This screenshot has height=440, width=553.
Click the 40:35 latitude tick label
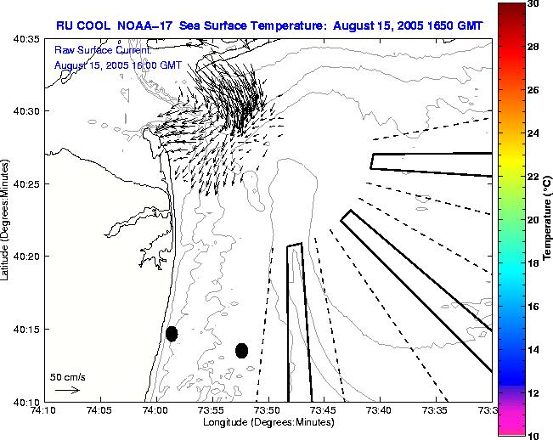21,39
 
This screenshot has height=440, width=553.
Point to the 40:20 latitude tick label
21,257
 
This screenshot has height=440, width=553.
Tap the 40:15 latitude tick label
21,330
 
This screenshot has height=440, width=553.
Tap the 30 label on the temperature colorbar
536,3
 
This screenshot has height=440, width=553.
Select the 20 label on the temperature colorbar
536,220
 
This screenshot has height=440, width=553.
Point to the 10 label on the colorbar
536,435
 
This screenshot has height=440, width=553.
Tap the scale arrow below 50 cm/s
67,390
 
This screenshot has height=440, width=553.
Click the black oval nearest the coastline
172,334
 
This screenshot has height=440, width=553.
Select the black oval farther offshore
241,350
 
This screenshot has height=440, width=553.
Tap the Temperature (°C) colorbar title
548,220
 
